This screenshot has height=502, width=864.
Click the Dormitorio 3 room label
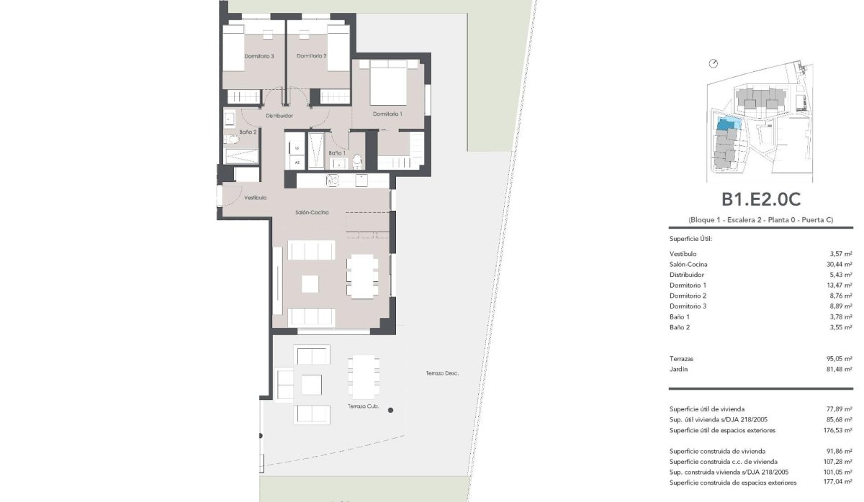pos(259,56)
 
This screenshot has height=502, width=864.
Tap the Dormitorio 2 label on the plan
pos(312,56)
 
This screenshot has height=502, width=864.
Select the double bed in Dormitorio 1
pos(388,83)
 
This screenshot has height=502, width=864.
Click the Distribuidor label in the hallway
pos(279,116)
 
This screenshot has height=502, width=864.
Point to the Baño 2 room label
pos(248,132)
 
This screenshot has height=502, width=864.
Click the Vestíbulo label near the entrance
pos(256,198)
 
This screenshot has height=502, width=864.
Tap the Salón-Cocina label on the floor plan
pos(312,212)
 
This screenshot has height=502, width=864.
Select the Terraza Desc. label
pos(442,373)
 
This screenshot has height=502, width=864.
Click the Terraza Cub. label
pos(364,406)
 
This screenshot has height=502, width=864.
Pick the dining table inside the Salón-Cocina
pos(362,276)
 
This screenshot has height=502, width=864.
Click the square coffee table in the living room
pos(310,284)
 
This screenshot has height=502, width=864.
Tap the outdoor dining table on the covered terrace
pos(364,377)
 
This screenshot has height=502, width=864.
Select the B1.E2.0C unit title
pos(761,199)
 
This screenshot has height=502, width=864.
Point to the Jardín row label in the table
pos(678,369)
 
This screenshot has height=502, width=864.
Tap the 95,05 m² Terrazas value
pos(839,359)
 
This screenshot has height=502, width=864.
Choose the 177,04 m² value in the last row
pos(838,482)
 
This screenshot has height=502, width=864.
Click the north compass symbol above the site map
pos(714,63)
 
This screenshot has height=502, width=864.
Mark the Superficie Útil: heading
pos(690,239)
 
